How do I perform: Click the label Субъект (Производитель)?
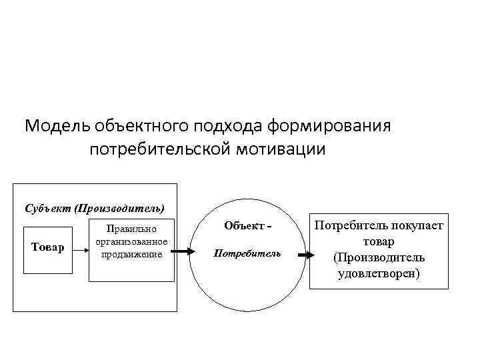[94, 207]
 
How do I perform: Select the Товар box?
[48, 248]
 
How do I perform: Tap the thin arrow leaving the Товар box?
[80, 251]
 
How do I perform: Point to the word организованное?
[132, 241]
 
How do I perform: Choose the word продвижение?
[132, 253]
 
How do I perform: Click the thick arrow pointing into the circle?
[182, 252]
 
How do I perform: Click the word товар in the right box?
[379, 242]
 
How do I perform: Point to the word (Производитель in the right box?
[379, 257]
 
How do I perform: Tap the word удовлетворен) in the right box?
[379, 273]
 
